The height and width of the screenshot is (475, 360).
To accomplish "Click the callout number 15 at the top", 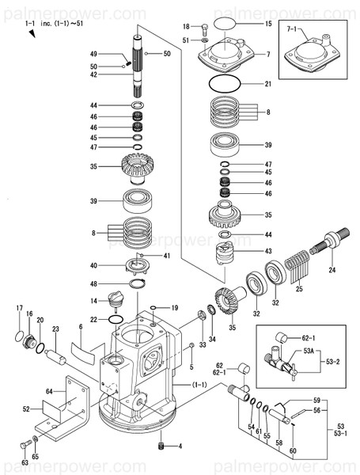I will point(267,25).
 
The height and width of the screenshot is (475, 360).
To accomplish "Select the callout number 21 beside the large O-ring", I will point(267,84).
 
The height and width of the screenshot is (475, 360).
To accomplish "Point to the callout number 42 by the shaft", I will point(116,74).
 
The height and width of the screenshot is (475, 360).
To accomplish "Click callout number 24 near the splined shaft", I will point(332,270).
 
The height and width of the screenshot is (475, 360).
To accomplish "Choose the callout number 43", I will point(268,251).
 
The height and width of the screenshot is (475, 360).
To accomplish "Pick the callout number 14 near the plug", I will point(93,300).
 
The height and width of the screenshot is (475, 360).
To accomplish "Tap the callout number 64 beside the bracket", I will point(49,391).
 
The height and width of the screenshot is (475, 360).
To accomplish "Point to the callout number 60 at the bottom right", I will point(294,450).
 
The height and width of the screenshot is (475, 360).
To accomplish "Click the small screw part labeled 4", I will point(161,448).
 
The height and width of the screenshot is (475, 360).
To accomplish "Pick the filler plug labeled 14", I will point(116,302).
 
